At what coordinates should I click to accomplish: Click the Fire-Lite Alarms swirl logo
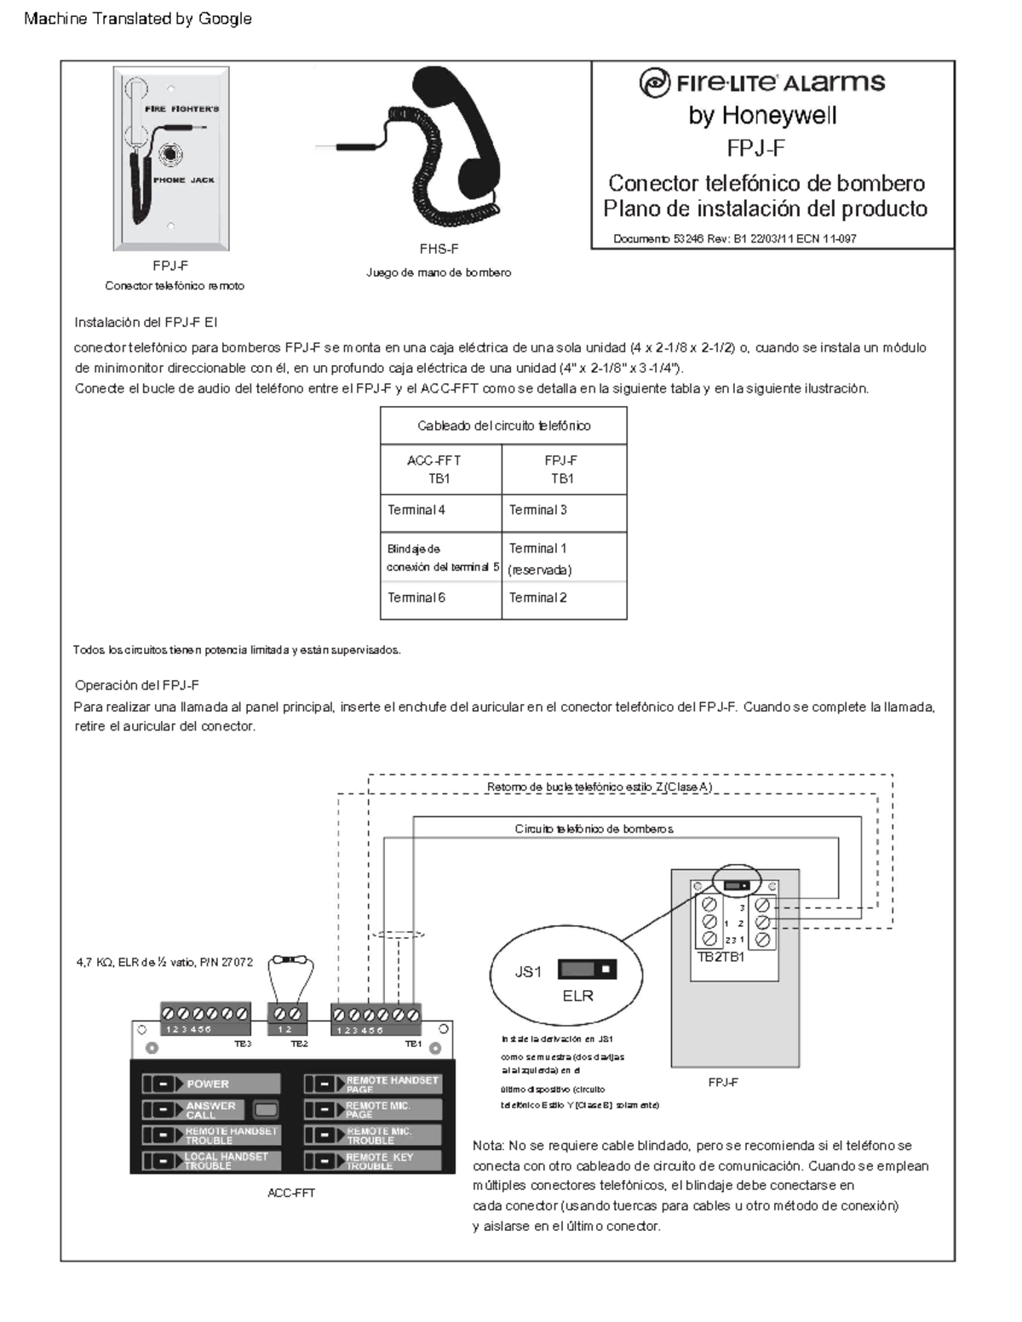(x=654, y=83)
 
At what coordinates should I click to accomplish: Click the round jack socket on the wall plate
(x=171, y=154)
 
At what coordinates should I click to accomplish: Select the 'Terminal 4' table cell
(x=440, y=510)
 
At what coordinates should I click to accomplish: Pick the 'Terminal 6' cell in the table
(x=440, y=598)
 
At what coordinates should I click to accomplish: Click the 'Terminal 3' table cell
(x=563, y=510)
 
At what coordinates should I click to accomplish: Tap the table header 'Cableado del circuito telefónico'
(x=503, y=426)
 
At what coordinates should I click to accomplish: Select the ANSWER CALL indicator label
(x=210, y=1110)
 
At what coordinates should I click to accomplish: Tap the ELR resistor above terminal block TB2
(x=291, y=961)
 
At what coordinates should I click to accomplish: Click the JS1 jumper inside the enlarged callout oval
(x=587, y=970)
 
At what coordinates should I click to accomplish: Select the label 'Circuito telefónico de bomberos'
(x=594, y=829)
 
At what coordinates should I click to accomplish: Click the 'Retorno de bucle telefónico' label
(x=599, y=787)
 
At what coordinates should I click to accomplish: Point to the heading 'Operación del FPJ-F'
(x=137, y=685)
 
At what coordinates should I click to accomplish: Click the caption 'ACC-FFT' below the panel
(x=291, y=1193)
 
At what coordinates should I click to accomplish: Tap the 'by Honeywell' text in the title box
(x=762, y=116)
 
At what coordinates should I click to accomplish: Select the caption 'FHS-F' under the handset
(x=439, y=249)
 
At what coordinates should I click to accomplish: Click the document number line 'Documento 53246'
(x=734, y=239)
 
